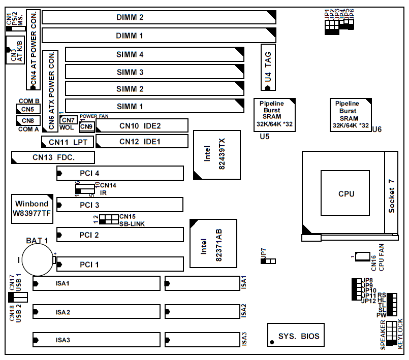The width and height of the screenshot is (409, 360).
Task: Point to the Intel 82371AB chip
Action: click(x=213, y=243)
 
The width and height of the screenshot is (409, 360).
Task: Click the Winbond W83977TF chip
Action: click(x=32, y=209)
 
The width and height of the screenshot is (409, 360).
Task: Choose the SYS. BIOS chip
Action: click(x=296, y=336)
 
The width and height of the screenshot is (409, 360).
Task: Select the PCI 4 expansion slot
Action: click(x=120, y=174)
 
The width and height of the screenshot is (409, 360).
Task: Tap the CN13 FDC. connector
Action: click(x=53, y=157)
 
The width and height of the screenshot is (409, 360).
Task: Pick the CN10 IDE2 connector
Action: click(x=142, y=126)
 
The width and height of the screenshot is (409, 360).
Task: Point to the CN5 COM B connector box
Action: click(x=27, y=109)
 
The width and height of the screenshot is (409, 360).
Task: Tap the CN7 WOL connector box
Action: click(x=68, y=120)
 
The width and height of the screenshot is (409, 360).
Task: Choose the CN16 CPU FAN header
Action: click(x=363, y=256)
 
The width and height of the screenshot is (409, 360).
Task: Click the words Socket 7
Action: click(x=391, y=195)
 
